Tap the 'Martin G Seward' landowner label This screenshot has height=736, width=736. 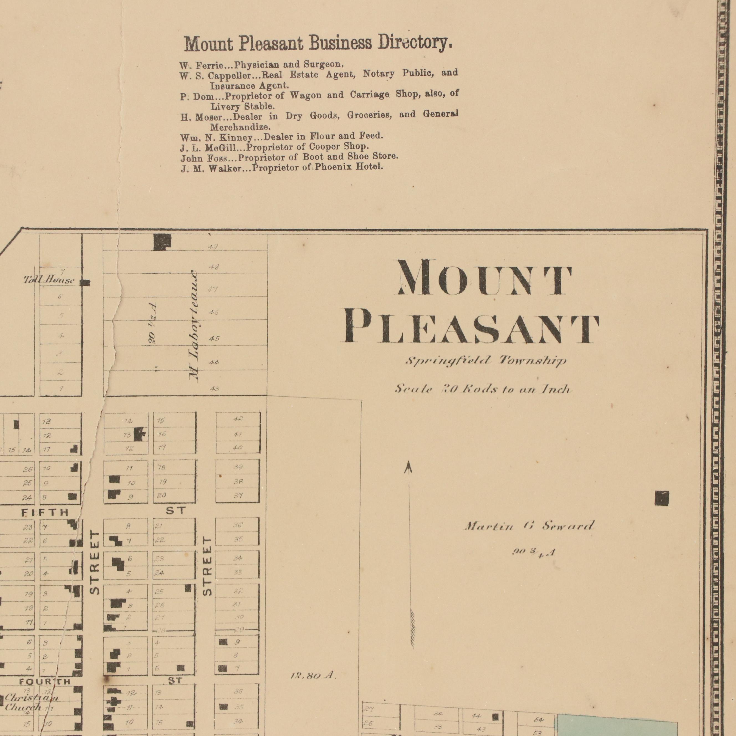(529, 527)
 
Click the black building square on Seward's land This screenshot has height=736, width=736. (661, 498)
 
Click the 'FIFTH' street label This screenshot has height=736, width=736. (45, 512)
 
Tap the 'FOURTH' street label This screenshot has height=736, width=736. (45, 681)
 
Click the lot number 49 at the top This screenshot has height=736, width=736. (213, 247)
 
